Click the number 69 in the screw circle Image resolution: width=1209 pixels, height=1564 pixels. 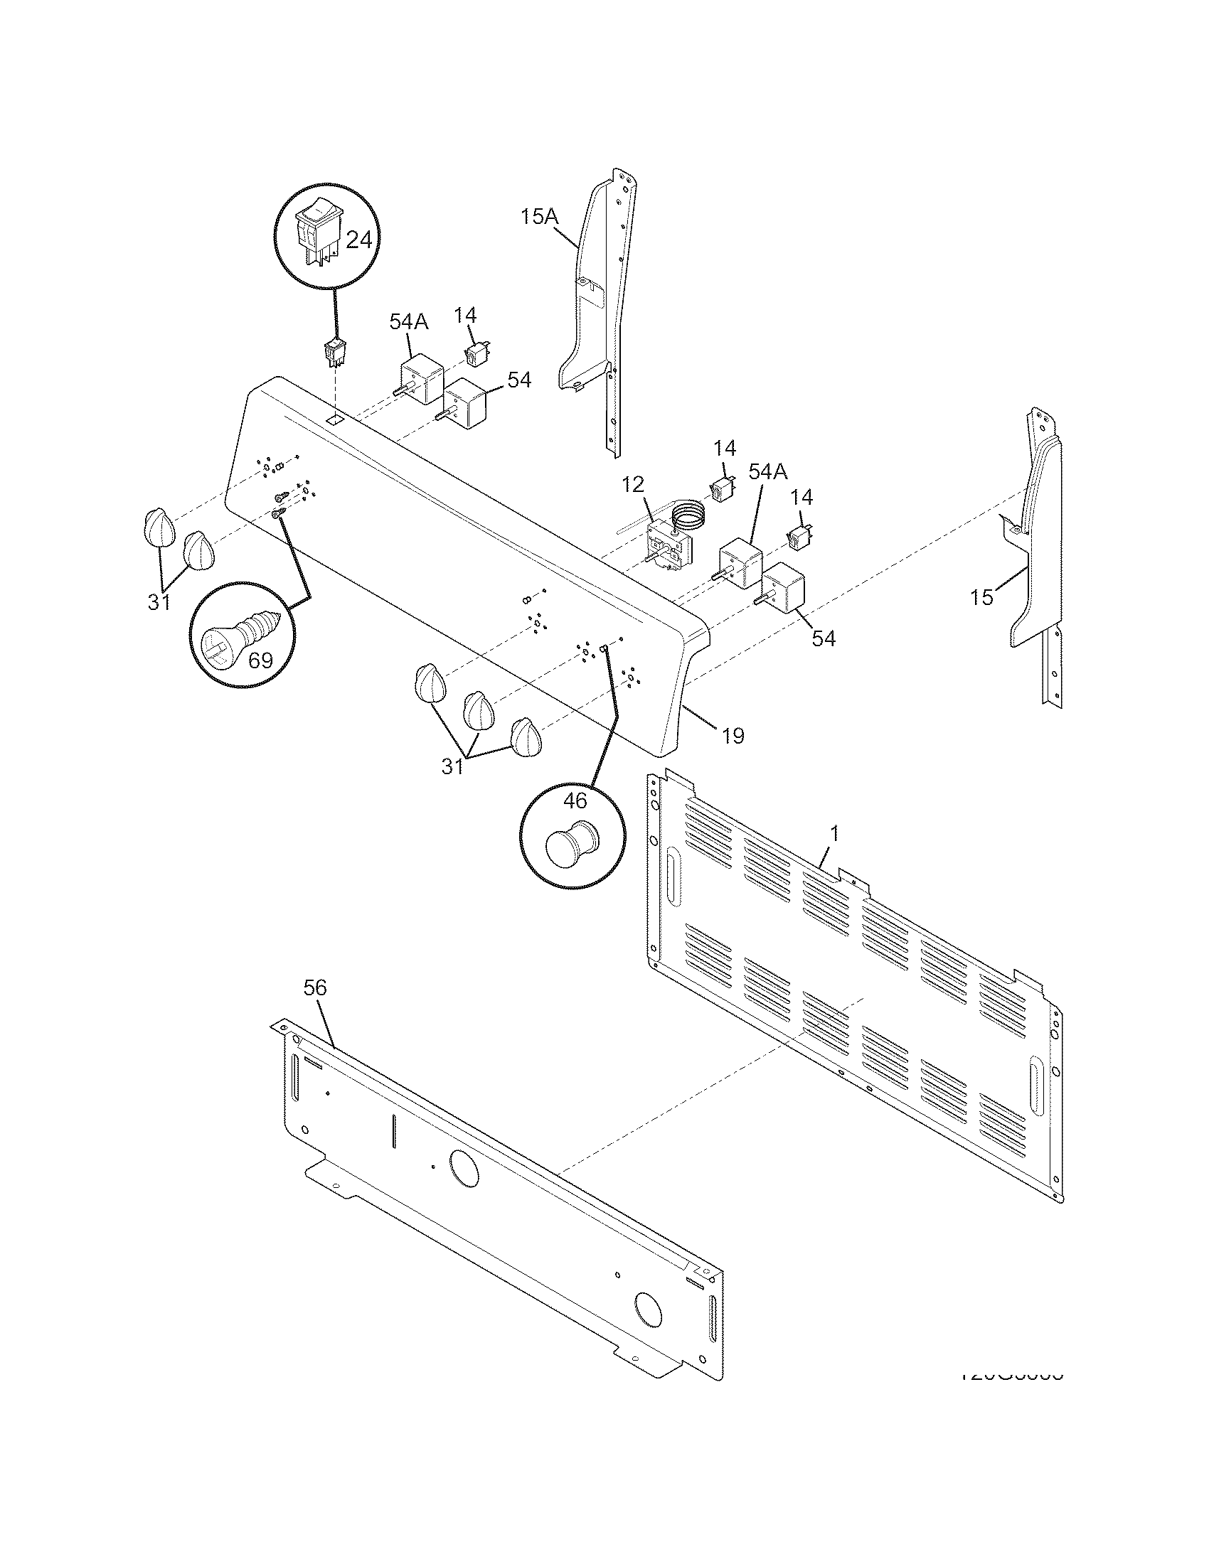(260, 660)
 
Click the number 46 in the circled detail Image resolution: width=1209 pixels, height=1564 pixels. (575, 800)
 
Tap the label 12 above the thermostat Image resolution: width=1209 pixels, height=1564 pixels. (632, 484)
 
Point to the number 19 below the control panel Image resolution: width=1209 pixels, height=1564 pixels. (733, 735)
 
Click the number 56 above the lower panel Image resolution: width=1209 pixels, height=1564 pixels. (314, 987)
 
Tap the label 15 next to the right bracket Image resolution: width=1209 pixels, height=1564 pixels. (982, 596)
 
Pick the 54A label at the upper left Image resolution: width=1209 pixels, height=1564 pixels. (408, 321)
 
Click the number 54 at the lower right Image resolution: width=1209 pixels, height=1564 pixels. (824, 638)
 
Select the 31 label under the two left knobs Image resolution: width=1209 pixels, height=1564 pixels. (159, 603)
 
